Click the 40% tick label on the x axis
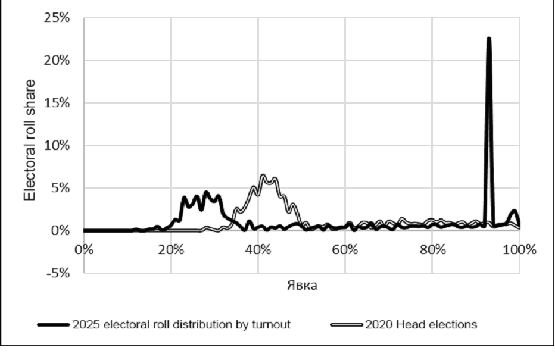click(x=258, y=249)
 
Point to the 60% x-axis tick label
click(x=345, y=249)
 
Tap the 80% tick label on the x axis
click(x=432, y=249)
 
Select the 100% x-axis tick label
click(x=519, y=249)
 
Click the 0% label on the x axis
click(x=83, y=249)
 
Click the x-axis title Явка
click(x=301, y=285)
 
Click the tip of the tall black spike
click(x=489, y=39)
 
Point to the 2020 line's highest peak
click(x=263, y=176)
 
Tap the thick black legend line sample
click(x=53, y=325)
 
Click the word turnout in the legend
click(x=271, y=325)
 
